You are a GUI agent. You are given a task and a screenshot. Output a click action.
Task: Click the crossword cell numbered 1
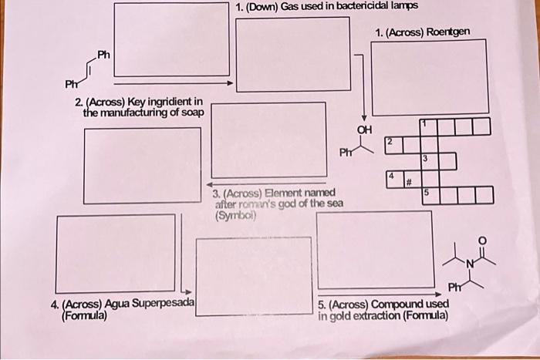(x=429, y=126)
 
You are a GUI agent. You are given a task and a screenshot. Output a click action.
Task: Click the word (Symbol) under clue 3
(x=237, y=216)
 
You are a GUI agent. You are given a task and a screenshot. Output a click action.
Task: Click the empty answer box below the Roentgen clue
(x=429, y=76)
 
